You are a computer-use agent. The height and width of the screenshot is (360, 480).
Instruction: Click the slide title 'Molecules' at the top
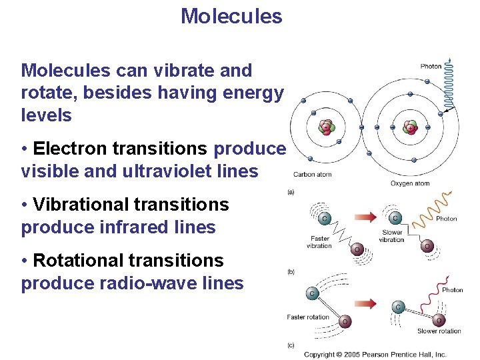click(231, 16)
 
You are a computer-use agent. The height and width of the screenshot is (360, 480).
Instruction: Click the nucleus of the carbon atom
click(326, 127)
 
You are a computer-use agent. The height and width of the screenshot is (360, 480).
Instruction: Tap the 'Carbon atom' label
click(312, 175)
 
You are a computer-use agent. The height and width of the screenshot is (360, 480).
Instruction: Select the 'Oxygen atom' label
click(409, 183)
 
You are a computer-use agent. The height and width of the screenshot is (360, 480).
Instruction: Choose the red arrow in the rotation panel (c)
click(365, 303)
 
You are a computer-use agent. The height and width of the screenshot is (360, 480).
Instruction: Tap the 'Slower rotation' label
click(439, 331)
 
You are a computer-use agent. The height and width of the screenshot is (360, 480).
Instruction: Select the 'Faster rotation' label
click(308, 317)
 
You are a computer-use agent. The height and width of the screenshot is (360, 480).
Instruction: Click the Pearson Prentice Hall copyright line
click(375, 355)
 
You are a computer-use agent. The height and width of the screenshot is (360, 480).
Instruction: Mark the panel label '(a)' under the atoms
click(291, 192)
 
